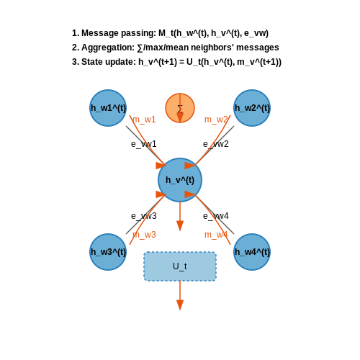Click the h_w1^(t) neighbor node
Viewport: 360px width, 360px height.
108,108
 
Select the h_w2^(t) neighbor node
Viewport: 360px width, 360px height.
252,108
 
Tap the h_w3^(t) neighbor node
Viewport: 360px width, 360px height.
108,252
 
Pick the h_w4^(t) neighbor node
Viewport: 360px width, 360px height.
252,252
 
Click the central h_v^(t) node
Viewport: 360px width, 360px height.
180,180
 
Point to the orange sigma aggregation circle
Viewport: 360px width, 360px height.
180,108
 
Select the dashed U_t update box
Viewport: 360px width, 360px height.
180,266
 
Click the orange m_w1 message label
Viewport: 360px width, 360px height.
144,120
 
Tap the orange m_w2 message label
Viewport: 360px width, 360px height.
216,120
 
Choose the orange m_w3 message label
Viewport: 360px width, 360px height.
144,235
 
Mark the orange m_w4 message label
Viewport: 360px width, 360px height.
216,235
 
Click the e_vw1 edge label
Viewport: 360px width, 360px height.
144,144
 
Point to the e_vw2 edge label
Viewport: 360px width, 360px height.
216,144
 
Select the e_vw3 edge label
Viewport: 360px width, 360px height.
144,216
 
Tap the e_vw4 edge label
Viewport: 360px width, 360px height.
216,216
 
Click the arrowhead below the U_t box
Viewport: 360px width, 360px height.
180,305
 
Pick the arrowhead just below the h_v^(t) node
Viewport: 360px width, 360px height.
180,226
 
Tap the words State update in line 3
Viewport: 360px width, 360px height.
107,62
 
